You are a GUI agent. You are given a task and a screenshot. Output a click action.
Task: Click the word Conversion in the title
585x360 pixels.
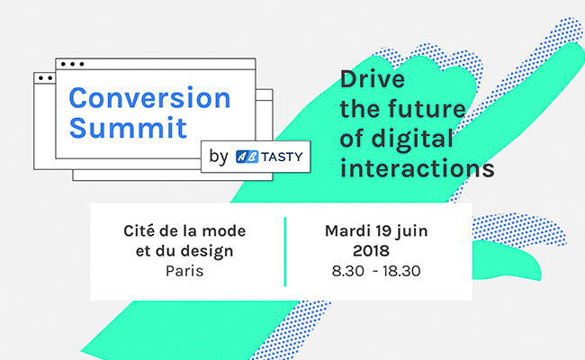[150, 98]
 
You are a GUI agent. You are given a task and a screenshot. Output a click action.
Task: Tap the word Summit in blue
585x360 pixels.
[128, 128]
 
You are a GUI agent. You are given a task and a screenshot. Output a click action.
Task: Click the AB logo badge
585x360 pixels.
[247, 157]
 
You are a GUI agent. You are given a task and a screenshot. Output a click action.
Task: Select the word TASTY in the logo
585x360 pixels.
[282, 157]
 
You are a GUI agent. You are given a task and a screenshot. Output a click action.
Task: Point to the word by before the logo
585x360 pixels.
[219, 157]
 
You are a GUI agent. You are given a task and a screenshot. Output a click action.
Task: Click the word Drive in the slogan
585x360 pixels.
[373, 79]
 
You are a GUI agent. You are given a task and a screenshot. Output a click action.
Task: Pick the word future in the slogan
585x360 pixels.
[427, 109]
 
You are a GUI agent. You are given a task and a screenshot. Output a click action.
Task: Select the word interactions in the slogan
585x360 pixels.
[417, 168]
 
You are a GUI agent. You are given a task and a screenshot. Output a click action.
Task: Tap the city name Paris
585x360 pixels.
[184, 271]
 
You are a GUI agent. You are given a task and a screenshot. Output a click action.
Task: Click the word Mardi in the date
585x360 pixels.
[347, 231]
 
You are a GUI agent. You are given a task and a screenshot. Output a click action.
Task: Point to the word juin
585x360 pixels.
[411, 231]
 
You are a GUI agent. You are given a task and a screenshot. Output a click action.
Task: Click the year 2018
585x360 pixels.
[371, 251]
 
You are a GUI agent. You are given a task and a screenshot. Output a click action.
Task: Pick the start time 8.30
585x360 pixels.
[347, 271]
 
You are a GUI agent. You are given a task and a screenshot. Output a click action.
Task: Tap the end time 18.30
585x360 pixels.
[401, 271]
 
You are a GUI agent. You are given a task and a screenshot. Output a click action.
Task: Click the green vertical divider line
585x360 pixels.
[285, 252]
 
